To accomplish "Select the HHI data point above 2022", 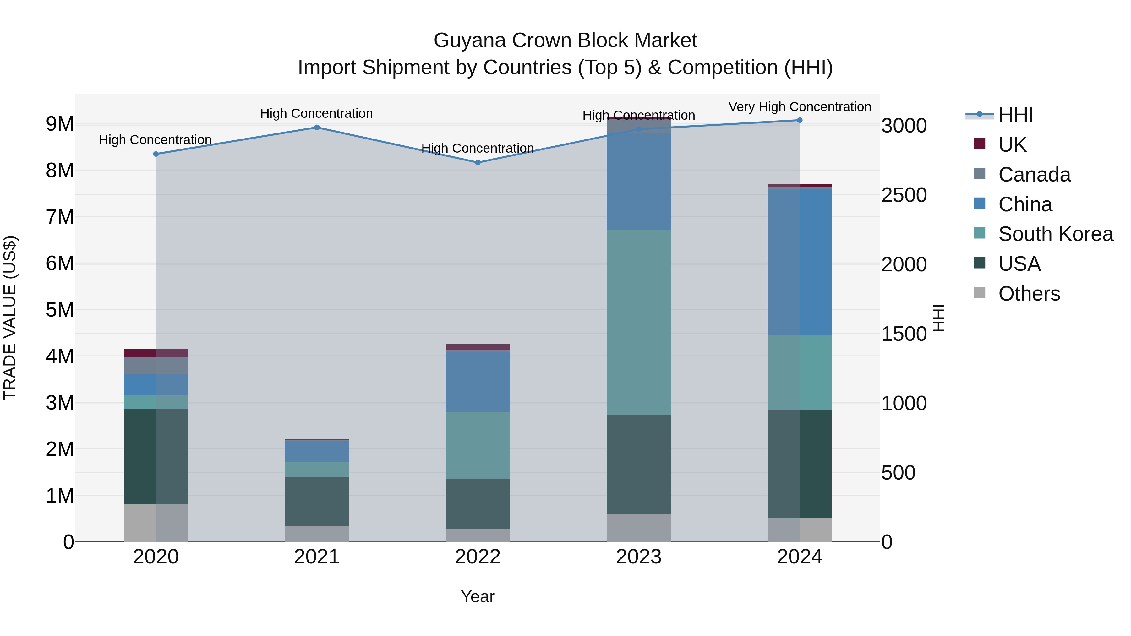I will click(478, 163).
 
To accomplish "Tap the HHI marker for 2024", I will click(800, 120).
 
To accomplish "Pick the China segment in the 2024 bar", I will click(800, 262).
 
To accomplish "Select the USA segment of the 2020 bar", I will click(156, 456).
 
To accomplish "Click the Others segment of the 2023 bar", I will click(639, 528).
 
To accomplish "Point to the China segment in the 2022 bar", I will click(478, 381).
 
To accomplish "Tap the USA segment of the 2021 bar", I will click(317, 501).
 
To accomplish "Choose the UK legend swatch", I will click(980, 144).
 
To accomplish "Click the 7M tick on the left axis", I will click(60, 217).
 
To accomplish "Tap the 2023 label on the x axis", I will click(639, 557).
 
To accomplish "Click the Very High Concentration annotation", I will click(800, 107).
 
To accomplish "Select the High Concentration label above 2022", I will click(478, 148).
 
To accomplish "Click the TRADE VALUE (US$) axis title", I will click(10, 318).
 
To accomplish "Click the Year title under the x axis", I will click(478, 596).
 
